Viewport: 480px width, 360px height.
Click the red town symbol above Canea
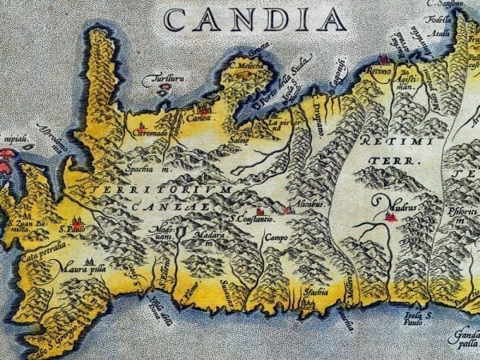(x=204, y=109)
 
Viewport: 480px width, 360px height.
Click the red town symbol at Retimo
(x=383, y=59)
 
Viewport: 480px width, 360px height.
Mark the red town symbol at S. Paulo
(x=78, y=223)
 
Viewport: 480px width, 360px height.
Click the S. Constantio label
(x=252, y=218)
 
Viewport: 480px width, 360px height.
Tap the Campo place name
(x=275, y=238)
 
